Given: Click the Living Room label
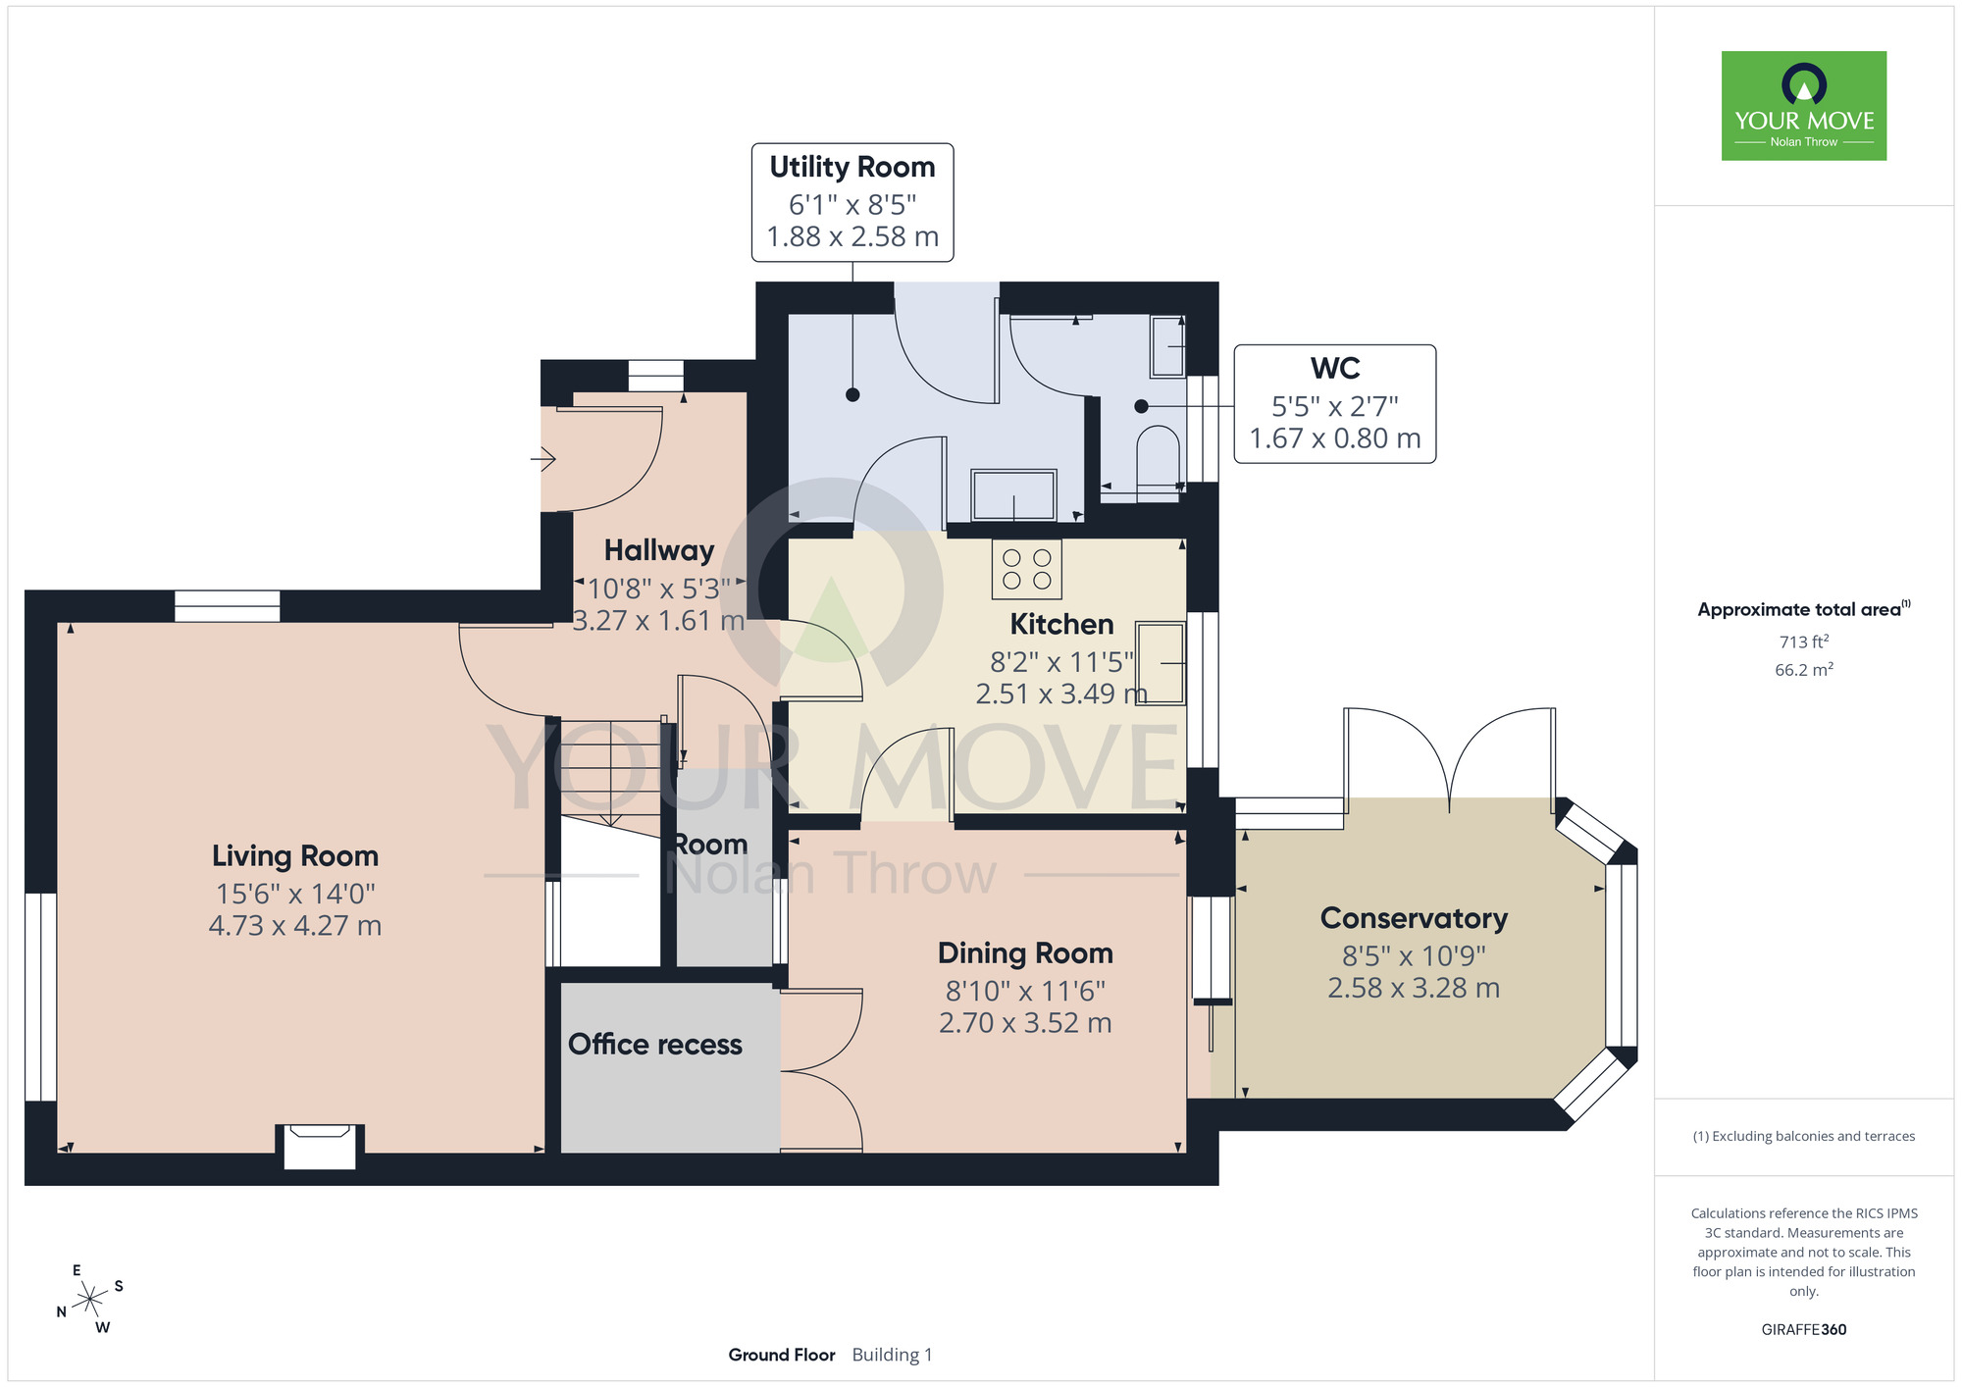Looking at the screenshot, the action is pyautogui.click(x=295, y=855).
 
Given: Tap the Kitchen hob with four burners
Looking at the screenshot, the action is pyautogui.click(x=1027, y=569).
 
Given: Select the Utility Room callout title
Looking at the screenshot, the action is pyautogui.click(x=852, y=167).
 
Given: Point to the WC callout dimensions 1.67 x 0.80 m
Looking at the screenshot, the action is pyautogui.click(x=1335, y=438).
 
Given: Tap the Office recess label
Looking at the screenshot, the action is pyautogui.click(x=655, y=1045).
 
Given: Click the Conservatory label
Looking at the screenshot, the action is pyautogui.click(x=1414, y=918).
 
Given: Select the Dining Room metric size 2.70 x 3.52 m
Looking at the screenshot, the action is pyautogui.click(x=1025, y=1023).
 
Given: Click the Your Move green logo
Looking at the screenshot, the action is pyautogui.click(x=1804, y=106).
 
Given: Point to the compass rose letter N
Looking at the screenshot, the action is pyautogui.click(x=61, y=1312).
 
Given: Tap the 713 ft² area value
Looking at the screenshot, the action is pyautogui.click(x=1804, y=642).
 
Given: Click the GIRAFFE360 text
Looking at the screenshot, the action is pyautogui.click(x=1804, y=1330).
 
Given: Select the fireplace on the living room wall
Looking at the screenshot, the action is pyautogui.click(x=320, y=1146).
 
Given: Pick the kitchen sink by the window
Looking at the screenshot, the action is pyautogui.click(x=1161, y=663).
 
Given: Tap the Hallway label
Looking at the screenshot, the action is pyautogui.click(x=659, y=550).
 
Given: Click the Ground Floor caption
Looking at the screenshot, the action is pyautogui.click(x=782, y=1355).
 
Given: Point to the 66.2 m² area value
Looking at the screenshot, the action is pyautogui.click(x=1804, y=670).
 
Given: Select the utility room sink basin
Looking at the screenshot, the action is pyautogui.click(x=1014, y=494).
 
